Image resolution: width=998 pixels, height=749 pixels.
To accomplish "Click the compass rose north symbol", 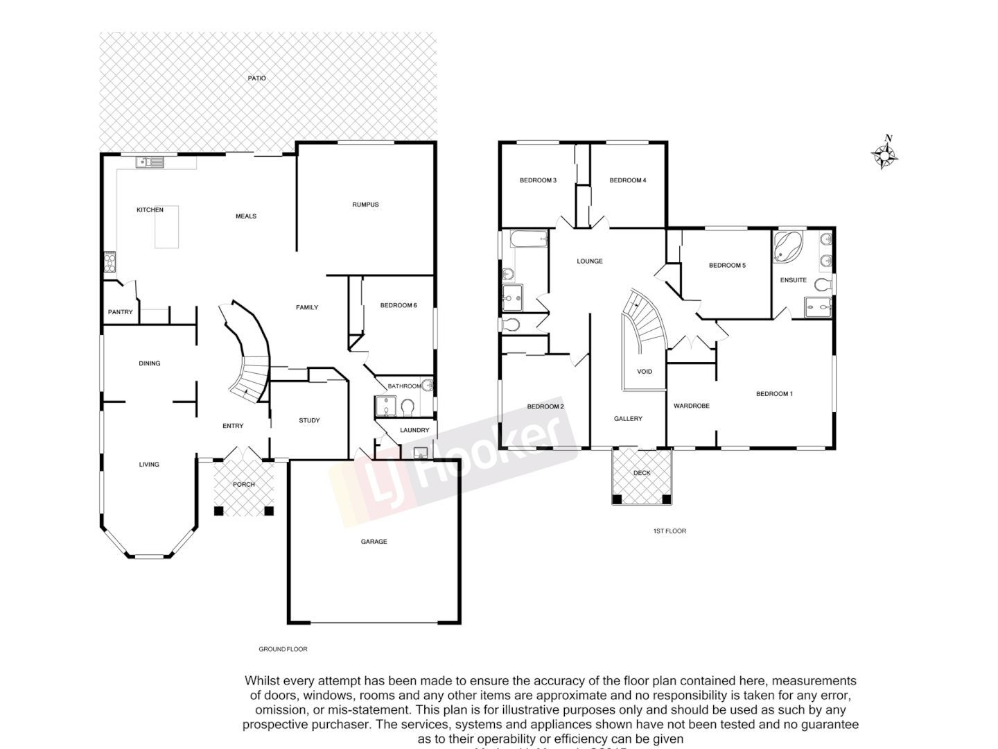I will coord(885,153).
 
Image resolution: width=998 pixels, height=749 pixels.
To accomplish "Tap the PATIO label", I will coord(256,78).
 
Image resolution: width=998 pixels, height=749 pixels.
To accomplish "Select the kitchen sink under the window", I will coord(150,163).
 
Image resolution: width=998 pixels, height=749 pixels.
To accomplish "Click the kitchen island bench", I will coord(166,227).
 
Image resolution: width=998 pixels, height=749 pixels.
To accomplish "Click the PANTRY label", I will coord(120,312).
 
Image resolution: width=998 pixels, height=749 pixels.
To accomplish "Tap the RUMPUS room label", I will coord(365,205).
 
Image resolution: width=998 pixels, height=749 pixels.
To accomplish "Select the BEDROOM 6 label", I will coord(399,305).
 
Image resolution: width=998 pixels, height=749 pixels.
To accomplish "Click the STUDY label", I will coord(309,420).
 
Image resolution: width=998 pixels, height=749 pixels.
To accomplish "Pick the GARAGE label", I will coord(374,542).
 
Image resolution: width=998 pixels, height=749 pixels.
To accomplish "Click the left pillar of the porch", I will coord(219,511).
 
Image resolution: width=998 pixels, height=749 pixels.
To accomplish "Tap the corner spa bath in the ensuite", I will coord(787,247).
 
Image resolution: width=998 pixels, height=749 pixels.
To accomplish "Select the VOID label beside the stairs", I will coord(645,372).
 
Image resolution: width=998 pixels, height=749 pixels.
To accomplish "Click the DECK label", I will coord(642,473).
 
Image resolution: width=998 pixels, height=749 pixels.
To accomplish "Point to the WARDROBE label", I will coord(691,406).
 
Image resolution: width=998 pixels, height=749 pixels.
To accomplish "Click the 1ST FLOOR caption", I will coord(669,531).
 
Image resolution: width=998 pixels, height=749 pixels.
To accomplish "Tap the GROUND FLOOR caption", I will coord(283,649).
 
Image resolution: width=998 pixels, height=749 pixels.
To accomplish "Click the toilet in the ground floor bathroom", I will coord(407,406).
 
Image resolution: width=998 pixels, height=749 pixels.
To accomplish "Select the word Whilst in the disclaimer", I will coord(262,681).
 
